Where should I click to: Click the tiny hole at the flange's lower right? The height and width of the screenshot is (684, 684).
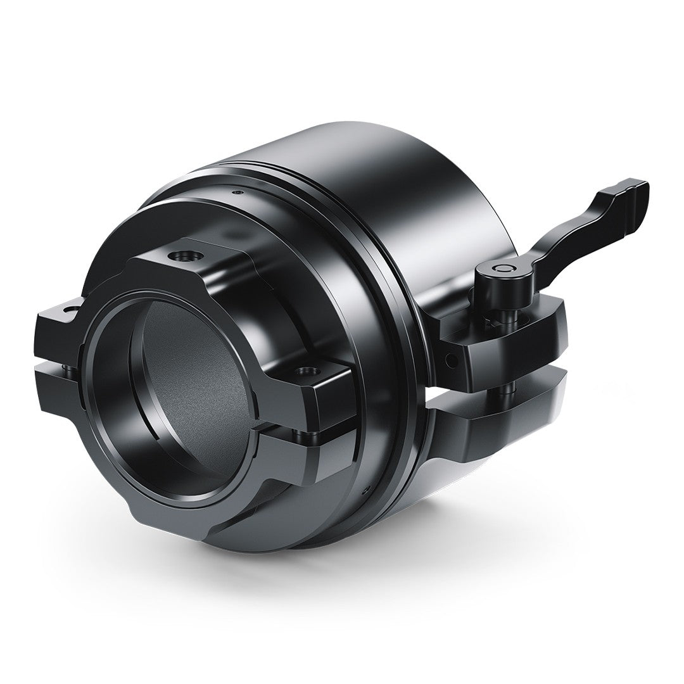366,488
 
